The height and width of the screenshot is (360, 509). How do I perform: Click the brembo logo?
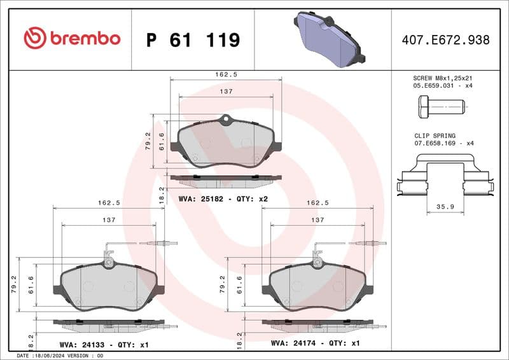point(71,38)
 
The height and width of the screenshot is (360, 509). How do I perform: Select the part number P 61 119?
point(193,40)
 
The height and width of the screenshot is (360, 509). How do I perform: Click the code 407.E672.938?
point(445,40)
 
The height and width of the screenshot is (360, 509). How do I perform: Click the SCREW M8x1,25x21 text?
point(443,78)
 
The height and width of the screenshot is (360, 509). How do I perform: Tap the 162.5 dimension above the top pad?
point(226,74)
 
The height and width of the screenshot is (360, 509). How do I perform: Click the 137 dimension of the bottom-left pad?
point(109,220)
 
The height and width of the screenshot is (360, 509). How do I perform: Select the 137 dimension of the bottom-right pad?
point(317,220)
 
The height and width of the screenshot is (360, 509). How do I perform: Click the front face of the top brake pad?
point(226,144)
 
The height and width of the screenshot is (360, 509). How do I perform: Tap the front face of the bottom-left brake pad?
point(108,286)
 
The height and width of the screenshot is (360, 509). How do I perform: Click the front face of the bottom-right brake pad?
point(317,286)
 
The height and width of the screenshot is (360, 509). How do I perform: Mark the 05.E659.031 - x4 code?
point(443,85)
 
